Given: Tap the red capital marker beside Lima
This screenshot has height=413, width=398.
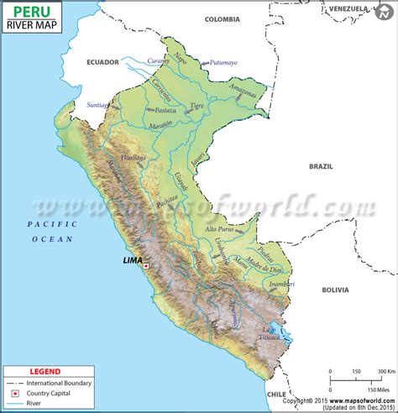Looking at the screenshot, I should (x=146, y=266).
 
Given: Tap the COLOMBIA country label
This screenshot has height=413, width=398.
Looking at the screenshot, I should (x=222, y=18).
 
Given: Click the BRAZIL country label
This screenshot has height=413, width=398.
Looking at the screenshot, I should (x=321, y=166).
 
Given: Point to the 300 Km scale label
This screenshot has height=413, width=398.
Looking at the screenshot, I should (x=387, y=371).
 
